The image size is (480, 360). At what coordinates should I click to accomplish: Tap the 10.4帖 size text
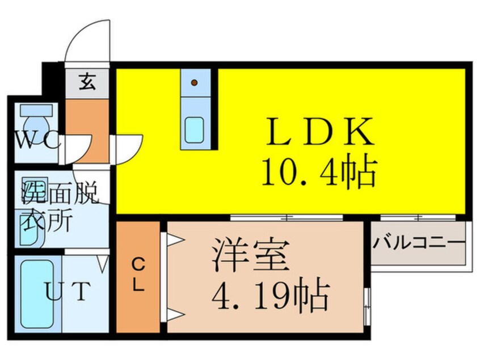(x=318, y=173)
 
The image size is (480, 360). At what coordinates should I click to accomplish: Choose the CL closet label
(x=138, y=275)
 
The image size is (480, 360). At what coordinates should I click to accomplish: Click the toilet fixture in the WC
(x=37, y=122)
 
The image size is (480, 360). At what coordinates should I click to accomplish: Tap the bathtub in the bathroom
(x=36, y=293)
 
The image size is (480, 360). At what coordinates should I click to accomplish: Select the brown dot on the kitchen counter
(x=195, y=82)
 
